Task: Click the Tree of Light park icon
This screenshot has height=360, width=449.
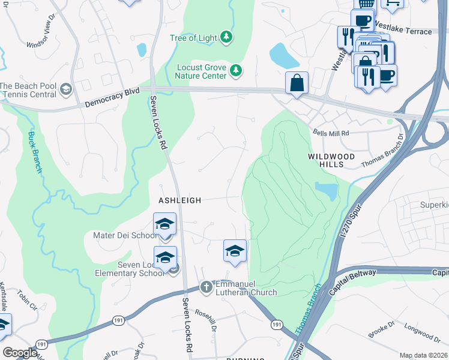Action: pos(226,38)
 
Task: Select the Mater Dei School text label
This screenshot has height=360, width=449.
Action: pos(125,235)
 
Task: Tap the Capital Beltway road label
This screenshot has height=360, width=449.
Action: pos(353,281)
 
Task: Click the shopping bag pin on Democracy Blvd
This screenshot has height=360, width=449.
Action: pos(297,83)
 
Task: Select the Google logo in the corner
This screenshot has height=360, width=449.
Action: pos(20,353)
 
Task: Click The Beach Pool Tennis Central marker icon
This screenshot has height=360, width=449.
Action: pos(65,91)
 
